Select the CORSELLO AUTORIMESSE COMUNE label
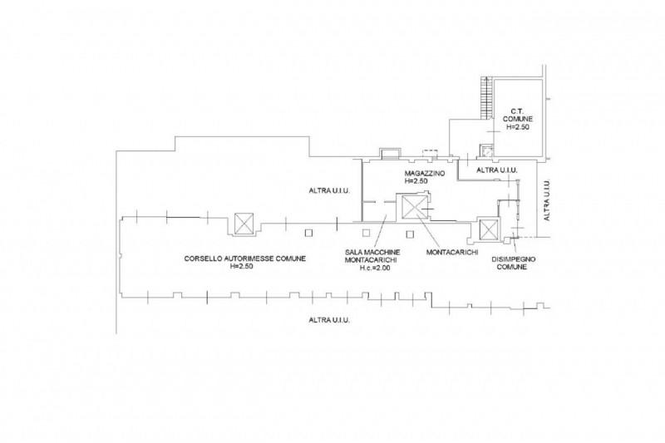point(244,258)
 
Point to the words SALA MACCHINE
point(372,252)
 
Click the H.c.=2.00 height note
point(375,268)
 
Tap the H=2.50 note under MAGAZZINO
point(416,181)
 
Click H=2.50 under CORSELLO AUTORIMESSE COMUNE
point(242,267)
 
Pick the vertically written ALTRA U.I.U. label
point(547,200)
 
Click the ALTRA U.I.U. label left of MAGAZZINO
point(329,191)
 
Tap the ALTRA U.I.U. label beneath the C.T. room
point(497,170)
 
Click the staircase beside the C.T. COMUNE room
point(486,98)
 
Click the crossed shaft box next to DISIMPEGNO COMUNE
point(487,230)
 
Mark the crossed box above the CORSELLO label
point(244,224)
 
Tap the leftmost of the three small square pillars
point(308,233)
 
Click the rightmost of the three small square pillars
point(410,234)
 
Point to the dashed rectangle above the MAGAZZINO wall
point(430,152)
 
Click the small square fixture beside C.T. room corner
point(486,150)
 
